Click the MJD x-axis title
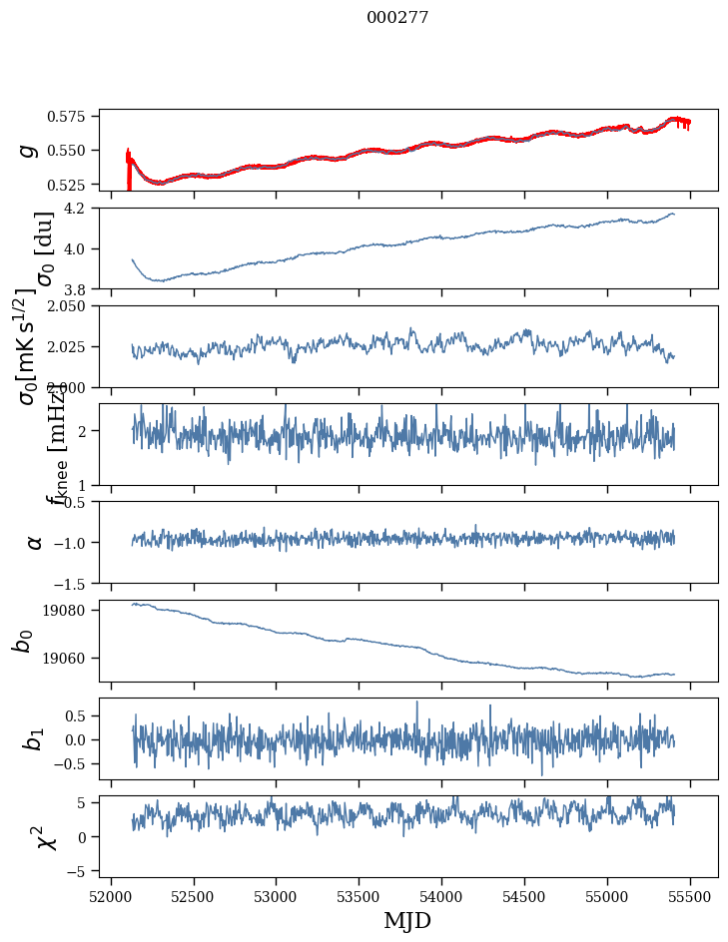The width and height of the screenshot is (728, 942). pos(407,920)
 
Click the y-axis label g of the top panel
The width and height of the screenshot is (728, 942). pos(30,150)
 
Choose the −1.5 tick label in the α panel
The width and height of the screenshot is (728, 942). pos(75,583)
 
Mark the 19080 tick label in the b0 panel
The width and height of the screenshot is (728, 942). pos(73,610)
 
